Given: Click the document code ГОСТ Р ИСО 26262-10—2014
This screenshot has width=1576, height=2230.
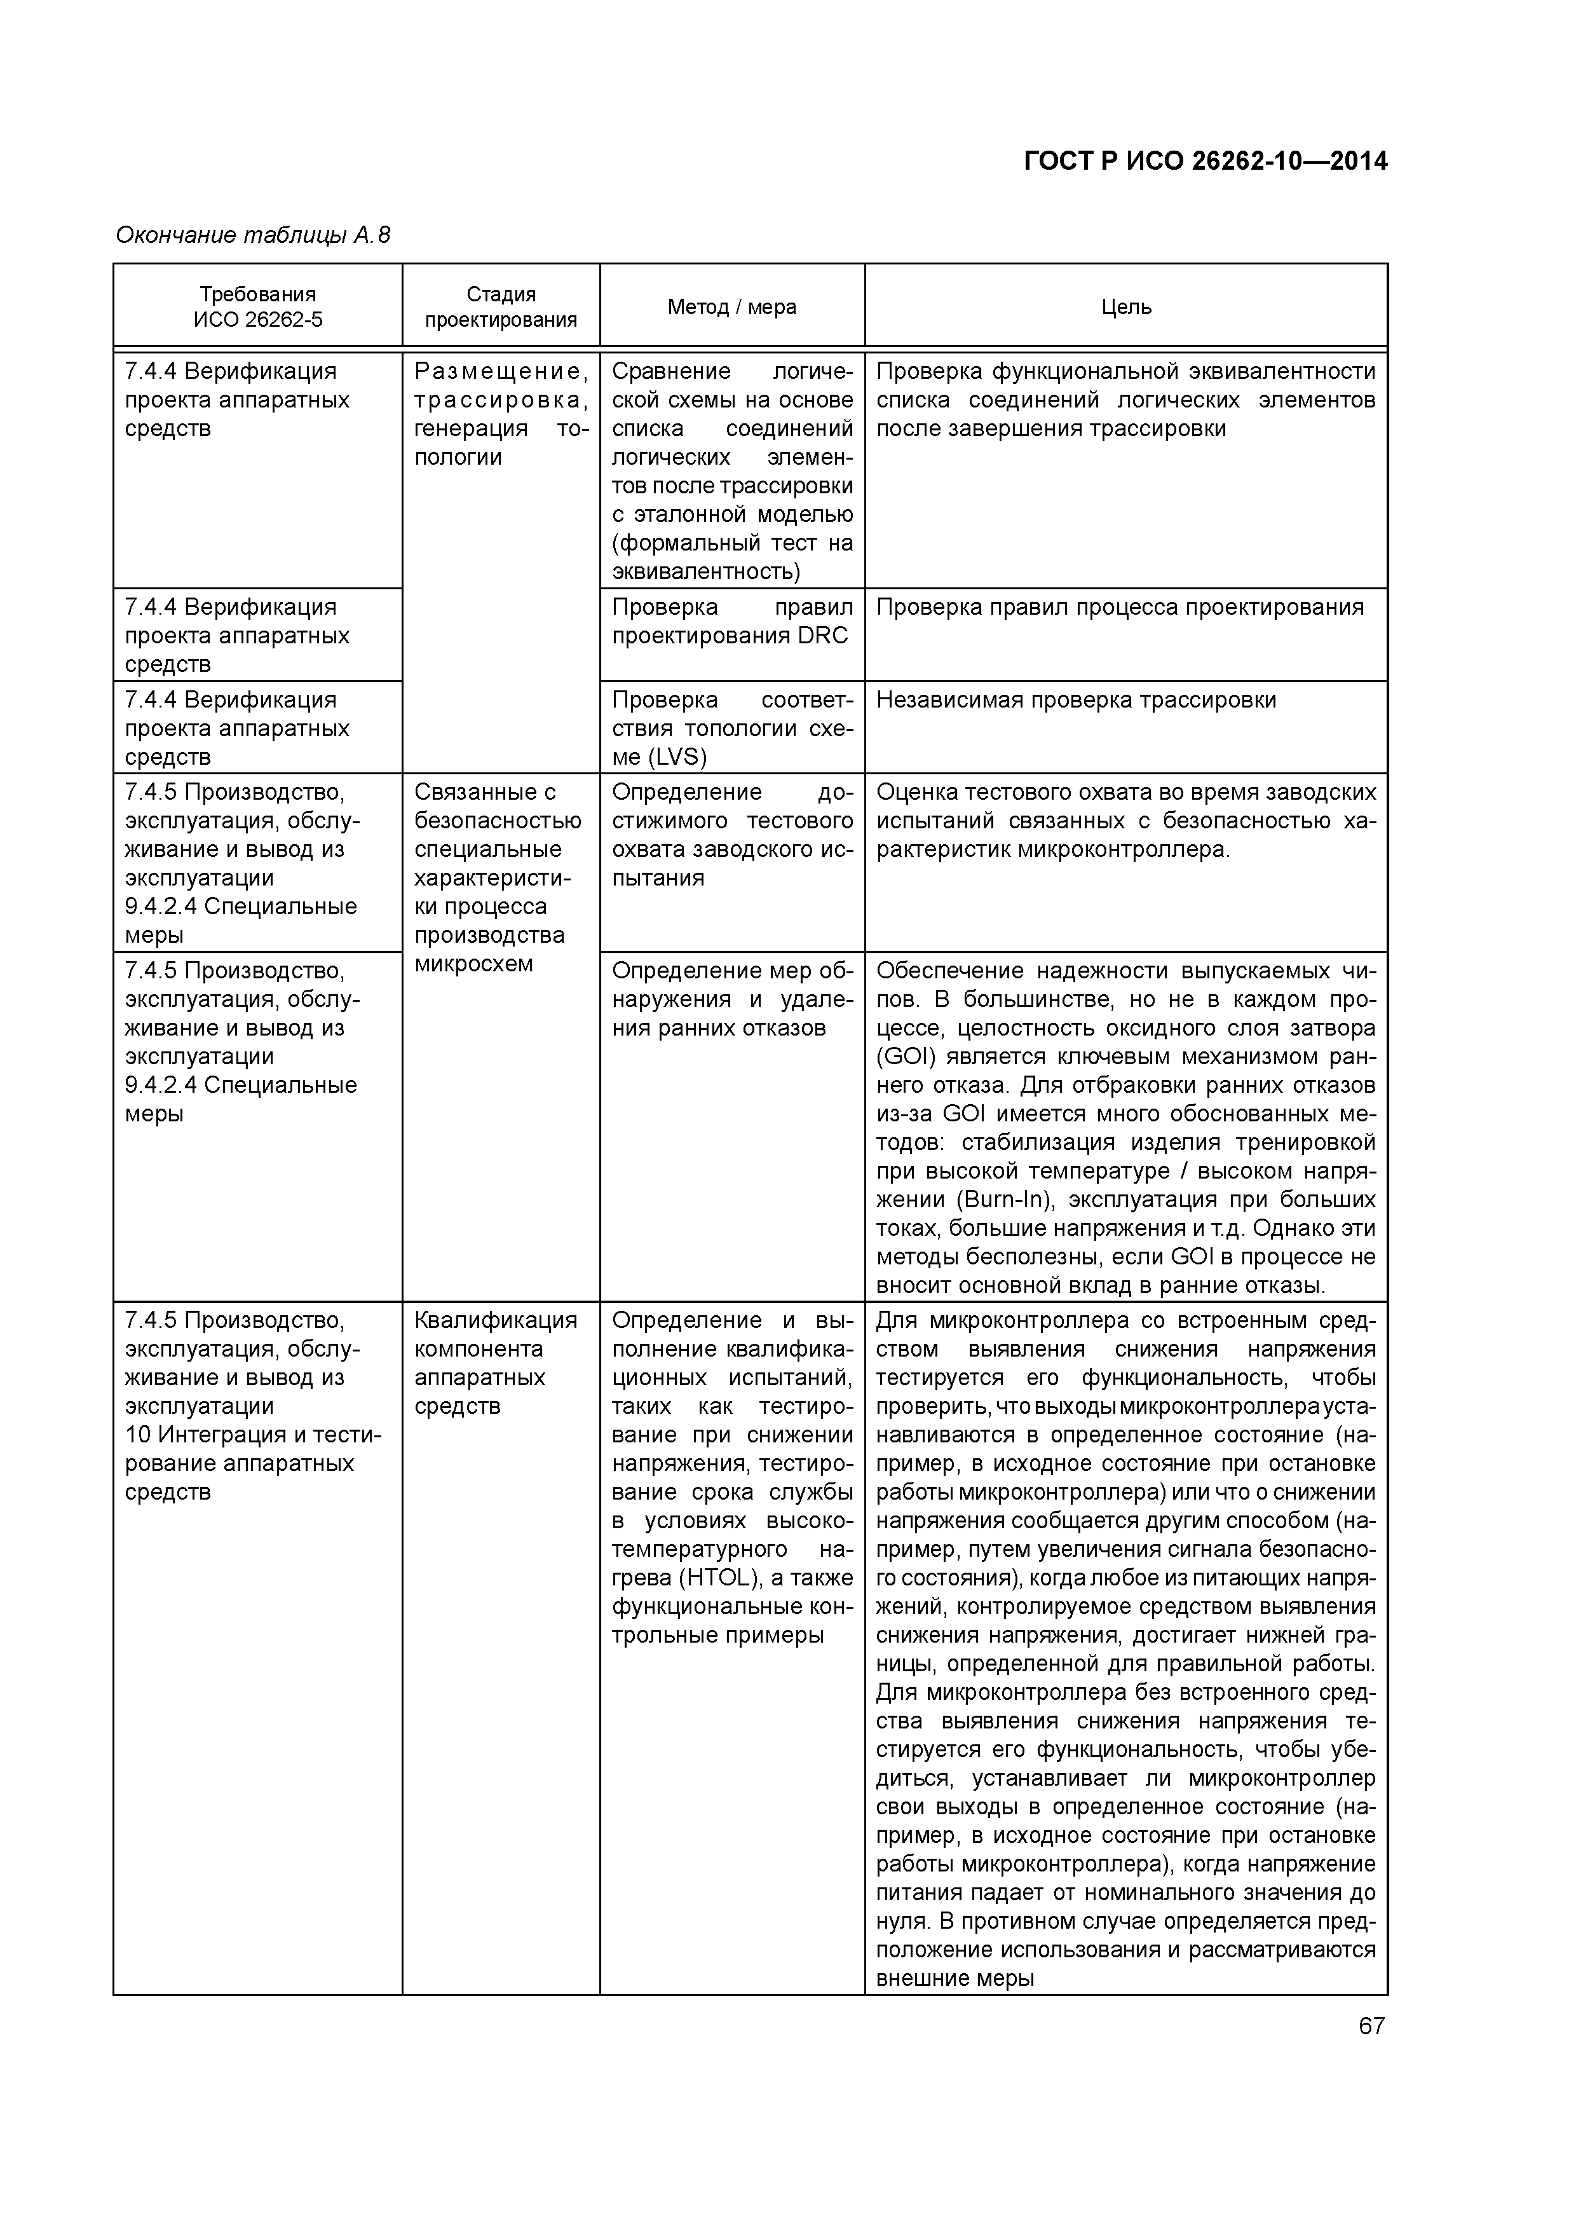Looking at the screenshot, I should coord(1205,161).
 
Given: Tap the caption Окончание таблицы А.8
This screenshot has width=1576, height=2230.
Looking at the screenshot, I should coord(252,235).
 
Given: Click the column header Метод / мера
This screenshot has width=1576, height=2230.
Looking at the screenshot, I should coord(731,307).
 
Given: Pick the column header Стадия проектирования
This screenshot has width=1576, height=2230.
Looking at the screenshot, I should coord(501,307).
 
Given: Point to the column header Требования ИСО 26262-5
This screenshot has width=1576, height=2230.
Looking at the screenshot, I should coord(257,307).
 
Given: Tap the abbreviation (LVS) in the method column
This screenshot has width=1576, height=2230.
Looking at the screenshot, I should coord(677,756).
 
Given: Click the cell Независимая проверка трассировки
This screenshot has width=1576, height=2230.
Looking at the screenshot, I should coord(1076,701).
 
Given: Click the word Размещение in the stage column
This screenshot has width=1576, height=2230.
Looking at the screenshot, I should coord(501,371).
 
